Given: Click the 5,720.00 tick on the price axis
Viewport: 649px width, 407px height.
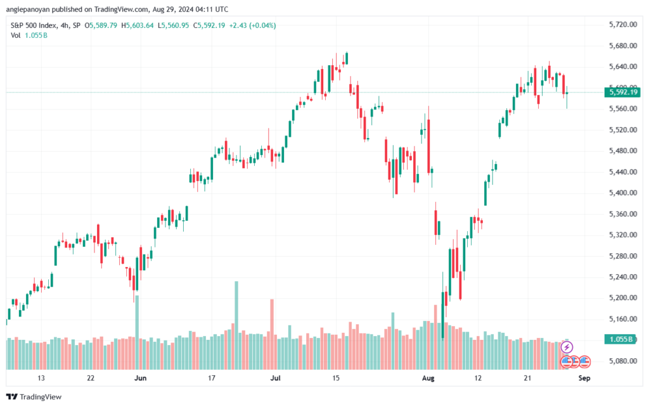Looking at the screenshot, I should (622, 25).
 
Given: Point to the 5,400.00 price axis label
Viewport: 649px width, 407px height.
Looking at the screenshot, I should (622, 193).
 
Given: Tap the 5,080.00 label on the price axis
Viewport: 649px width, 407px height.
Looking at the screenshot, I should (622, 361).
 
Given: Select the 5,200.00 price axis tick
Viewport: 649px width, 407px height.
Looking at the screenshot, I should (622, 298).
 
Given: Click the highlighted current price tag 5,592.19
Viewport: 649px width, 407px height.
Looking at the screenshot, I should (623, 92).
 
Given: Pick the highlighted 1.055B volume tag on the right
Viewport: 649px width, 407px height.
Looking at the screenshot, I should (622, 339).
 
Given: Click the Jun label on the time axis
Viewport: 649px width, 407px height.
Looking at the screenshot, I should (141, 379).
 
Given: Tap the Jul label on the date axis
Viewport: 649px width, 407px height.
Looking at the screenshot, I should (276, 379).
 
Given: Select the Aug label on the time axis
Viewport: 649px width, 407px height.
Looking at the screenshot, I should (430, 379).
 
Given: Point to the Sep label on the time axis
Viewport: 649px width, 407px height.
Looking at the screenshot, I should (584, 379).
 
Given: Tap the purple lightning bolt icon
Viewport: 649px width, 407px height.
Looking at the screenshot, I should (567, 347).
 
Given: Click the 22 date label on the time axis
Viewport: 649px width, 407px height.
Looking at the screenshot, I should (91, 379).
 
